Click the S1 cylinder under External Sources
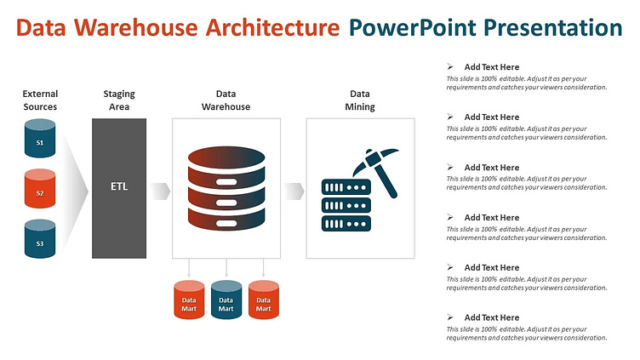[x=40, y=139]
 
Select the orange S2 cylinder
[x=40, y=189]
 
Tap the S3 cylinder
[x=40, y=239]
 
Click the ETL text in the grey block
[x=119, y=186]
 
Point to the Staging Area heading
[x=119, y=100]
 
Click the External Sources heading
[x=40, y=100]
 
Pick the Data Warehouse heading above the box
[x=226, y=100]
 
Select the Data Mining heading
[x=360, y=100]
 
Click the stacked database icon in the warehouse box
[x=226, y=189]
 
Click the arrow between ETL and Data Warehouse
[x=160, y=191]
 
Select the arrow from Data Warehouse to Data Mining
[x=294, y=191]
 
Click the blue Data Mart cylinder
[x=226, y=300]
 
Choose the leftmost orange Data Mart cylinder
[x=189, y=300]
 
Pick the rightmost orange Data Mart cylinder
[x=264, y=300]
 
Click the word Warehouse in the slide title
[x=135, y=28]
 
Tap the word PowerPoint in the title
[x=412, y=28]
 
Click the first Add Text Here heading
[x=491, y=67]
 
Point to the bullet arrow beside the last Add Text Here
[x=450, y=317]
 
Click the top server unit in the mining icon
[x=346, y=187]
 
